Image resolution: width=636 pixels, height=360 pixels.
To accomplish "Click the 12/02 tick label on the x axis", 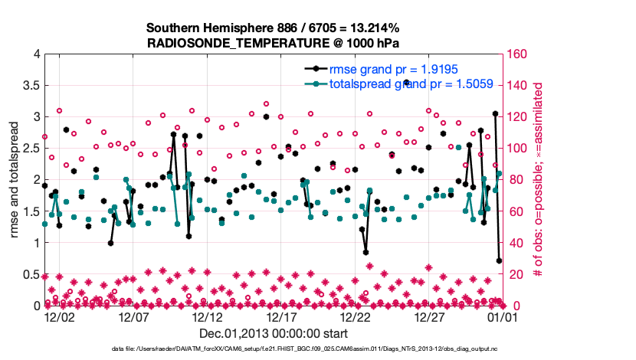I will pos(59,316).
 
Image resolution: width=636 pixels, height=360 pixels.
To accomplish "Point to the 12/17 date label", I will pos(281,316).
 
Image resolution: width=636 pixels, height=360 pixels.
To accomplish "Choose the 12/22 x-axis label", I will pos(355,316).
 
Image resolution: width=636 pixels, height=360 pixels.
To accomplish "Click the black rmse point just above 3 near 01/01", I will pos(496,113).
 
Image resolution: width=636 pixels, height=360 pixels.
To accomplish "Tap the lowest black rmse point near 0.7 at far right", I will pos(499,261).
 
